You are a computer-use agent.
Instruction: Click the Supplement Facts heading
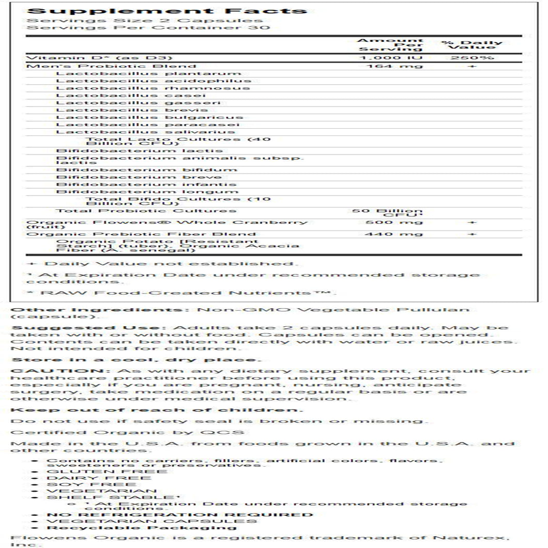(166, 10)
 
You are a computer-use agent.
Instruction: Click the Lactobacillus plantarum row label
(141, 73)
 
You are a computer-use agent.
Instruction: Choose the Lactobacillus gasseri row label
(139, 102)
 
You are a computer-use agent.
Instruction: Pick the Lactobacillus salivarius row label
(145, 132)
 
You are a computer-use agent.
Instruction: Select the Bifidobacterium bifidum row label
(147, 170)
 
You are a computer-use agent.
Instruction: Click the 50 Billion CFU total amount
(387, 213)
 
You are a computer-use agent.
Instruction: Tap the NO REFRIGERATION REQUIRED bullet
(180, 514)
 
